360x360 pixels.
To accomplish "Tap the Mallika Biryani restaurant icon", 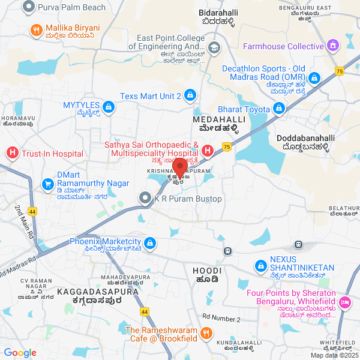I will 36,29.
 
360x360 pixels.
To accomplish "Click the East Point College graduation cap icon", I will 214,47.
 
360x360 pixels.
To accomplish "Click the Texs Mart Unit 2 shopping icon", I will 190,95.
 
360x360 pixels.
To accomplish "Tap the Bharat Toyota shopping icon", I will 278,109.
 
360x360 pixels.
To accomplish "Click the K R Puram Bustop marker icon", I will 145,198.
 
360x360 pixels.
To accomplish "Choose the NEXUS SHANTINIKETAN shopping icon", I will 260,264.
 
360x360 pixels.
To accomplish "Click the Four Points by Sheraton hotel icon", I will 346,302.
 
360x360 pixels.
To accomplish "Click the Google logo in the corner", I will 20,353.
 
